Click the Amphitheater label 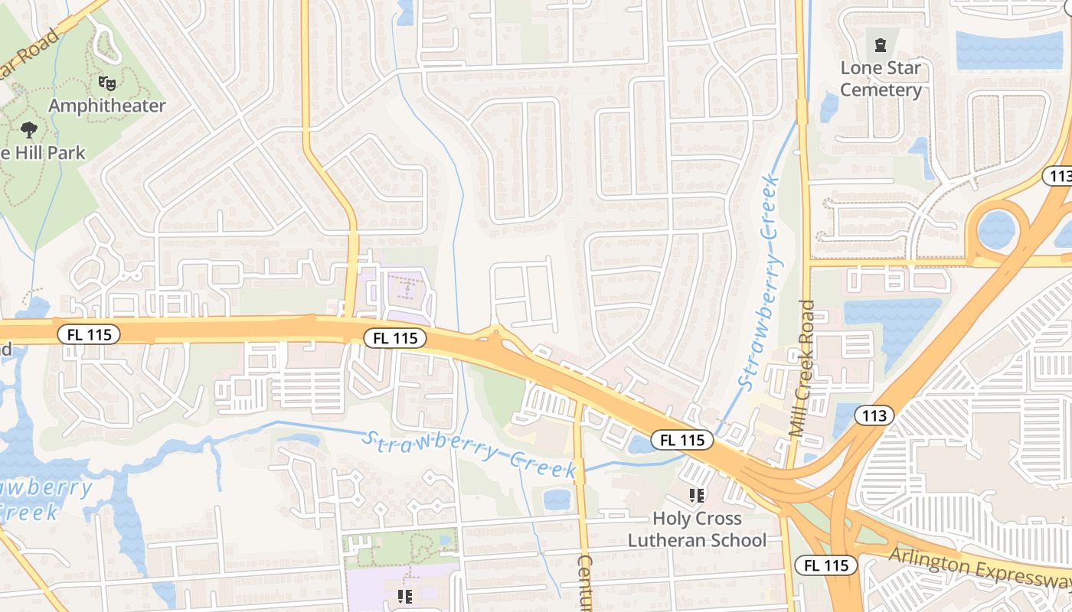tap(107, 106)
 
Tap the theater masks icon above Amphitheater tap(106, 81)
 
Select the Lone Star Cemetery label tap(881, 79)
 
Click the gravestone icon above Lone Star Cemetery tap(880, 44)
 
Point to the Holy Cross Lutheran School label tap(697, 529)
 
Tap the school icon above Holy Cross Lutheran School tap(696, 496)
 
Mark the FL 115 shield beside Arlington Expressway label tap(825, 565)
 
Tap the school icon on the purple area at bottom tap(406, 596)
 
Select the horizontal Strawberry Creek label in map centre tap(469, 454)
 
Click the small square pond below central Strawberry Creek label tap(557, 500)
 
